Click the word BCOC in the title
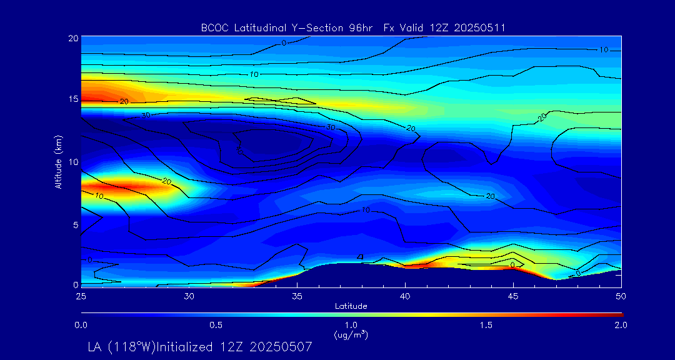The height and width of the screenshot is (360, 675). [x=212, y=27]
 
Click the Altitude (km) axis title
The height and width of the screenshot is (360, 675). [x=59, y=161]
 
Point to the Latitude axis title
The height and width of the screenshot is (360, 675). [x=351, y=306]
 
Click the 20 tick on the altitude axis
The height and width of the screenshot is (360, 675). [x=73, y=38]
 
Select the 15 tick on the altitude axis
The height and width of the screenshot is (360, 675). [x=73, y=99]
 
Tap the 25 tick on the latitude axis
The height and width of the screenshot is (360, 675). [x=81, y=295]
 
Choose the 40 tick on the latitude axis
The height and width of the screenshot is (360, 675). [x=406, y=295]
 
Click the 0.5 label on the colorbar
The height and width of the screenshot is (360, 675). [x=216, y=325]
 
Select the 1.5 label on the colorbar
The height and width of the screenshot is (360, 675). [x=486, y=325]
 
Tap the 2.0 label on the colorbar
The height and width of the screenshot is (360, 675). [x=621, y=325]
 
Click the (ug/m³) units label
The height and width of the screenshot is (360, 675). [x=351, y=336]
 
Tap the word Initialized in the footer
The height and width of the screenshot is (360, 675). [x=191, y=346]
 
